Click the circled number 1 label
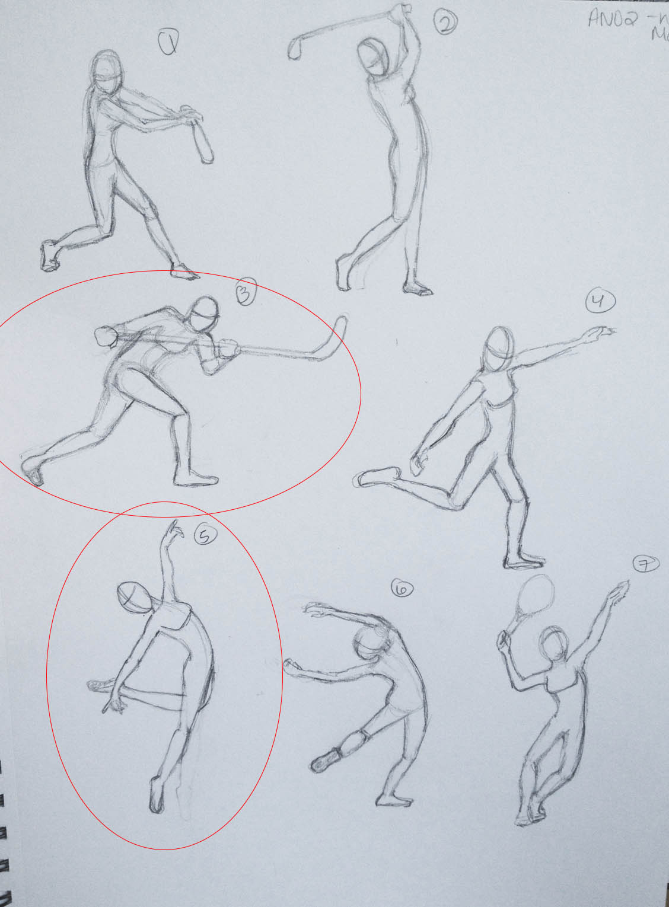point(168,43)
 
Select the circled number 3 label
point(245,292)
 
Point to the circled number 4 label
point(600,302)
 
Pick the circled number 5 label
point(205,535)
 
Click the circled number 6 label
point(403,589)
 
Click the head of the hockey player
point(205,313)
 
